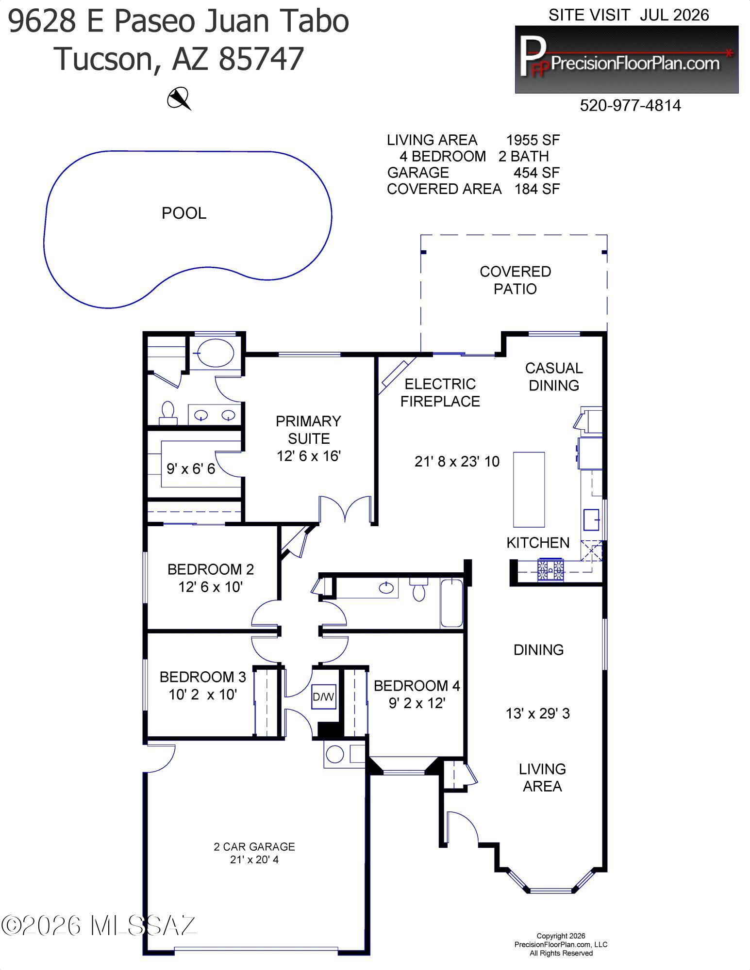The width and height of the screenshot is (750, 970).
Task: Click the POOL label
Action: [184, 213]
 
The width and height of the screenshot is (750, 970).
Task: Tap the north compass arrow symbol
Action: [179, 98]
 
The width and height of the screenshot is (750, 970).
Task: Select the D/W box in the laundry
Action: [324, 696]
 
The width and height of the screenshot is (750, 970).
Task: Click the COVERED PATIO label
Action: [515, 280]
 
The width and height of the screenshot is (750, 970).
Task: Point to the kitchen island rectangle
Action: [529, 489]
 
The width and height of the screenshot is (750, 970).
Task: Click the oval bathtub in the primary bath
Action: [217, 353]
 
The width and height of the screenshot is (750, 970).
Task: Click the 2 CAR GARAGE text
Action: [254, 847]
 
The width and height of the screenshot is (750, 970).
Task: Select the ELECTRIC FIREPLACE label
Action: [440, 393]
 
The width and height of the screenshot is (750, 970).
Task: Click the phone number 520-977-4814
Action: [630, 105]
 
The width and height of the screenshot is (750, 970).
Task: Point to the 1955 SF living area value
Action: [533, 140]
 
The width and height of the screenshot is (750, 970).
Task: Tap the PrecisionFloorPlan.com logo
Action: [626, 59]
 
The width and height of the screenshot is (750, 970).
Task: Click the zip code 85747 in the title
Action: [261, 59]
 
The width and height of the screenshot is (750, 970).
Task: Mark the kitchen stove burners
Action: [550, 570]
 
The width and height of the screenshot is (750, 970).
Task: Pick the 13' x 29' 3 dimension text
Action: [538, 713]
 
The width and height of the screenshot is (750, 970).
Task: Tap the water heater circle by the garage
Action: [334, 754]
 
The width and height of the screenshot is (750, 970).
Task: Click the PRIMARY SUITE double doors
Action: [345, 510]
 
